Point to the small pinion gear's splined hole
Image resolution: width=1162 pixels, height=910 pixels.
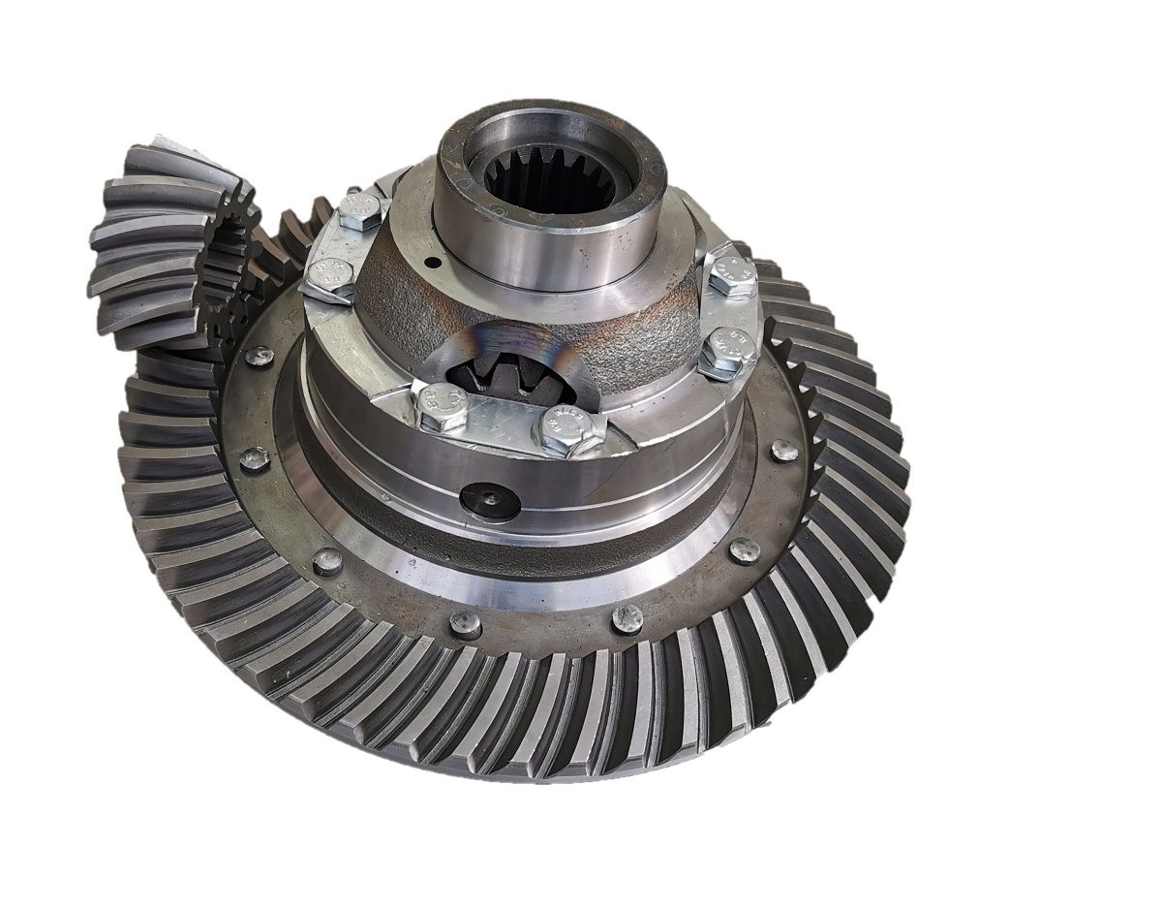click(x=228, y=252)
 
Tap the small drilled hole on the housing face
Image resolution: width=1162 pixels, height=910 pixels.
click(x=434, y=263)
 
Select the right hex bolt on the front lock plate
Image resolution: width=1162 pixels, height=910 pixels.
click(x=564, y=429)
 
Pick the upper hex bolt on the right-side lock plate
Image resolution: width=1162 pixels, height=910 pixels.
click(x=732, y=273)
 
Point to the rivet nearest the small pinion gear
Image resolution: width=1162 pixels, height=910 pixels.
click(x=259, y=356)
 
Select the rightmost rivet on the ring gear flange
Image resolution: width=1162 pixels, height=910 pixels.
click(x=784, y=450)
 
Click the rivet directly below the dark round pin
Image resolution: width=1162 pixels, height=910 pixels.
click(x=465, y=624)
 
